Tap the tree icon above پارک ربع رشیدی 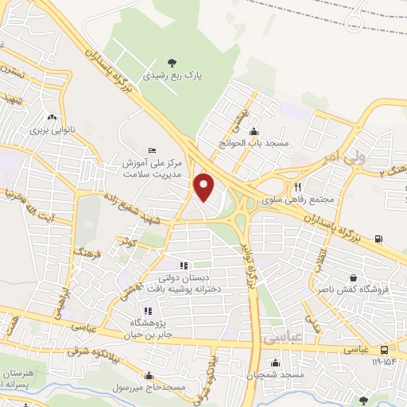coord(172,63)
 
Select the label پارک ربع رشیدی coord(172,76)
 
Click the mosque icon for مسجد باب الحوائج coord(254,131)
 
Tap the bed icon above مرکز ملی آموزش coord(153,150)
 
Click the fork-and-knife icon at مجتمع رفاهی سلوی coord(297,185)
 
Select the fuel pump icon coord(377,238)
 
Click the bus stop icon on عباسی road coord(385,349)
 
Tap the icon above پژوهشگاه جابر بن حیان coord(146,311)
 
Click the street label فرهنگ coord(81,258)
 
